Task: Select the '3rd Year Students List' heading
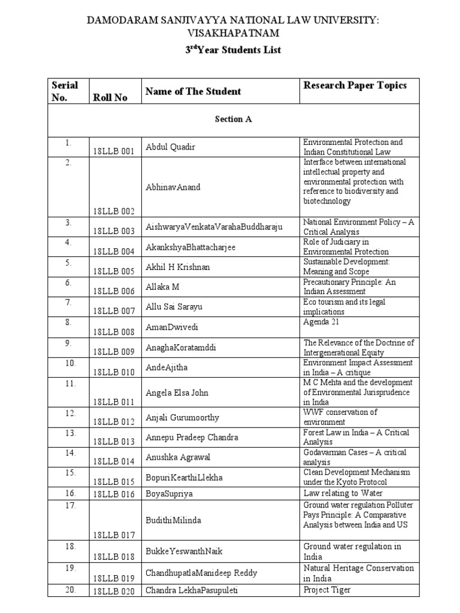coord(233,50)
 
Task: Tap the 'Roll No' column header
coord(110,98)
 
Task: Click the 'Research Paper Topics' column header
coord(355,85)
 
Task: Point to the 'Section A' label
coord(233,119)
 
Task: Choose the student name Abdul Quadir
coord(171,147)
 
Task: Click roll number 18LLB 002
coord(114,211)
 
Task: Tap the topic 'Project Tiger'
coord(327,590)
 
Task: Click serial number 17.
coord(70,506)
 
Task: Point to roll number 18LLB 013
coord(114,442)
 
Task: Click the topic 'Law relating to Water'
coord(339,493)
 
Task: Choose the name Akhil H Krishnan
coord(178,267)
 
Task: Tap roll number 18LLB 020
coord(114,591)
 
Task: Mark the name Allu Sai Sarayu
coord(174,306)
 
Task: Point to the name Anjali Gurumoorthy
coord(182,417)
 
